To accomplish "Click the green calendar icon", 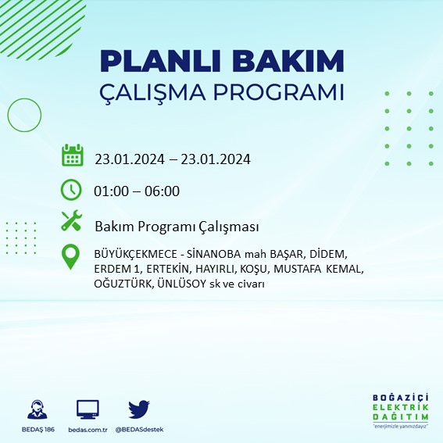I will [x=72, y=155].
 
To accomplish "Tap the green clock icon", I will [x=71, y=189].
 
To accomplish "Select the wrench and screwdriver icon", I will [x=72, y=222].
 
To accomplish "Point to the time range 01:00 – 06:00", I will [x=138, y=191].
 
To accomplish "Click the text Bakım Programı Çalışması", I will [x=177, y=226].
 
